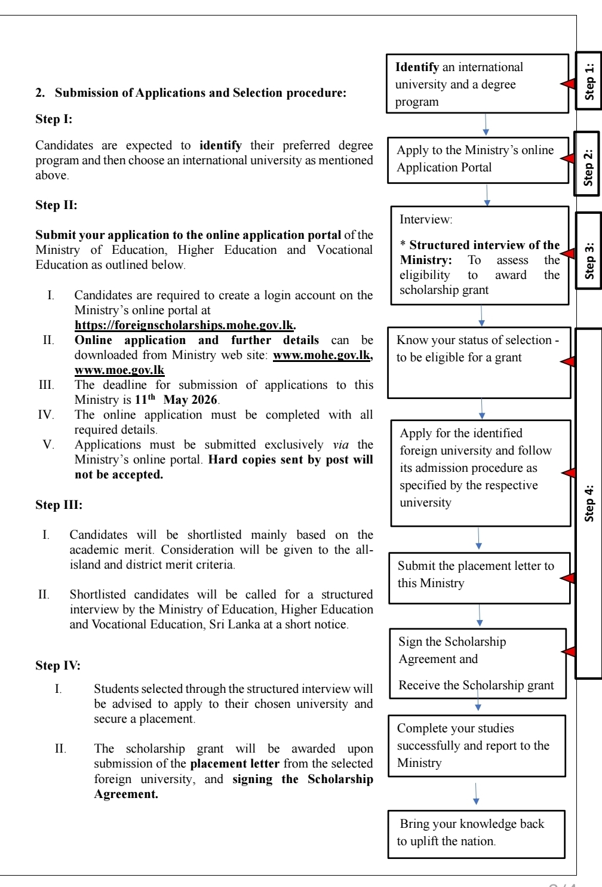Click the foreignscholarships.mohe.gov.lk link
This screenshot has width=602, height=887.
click(185, 325)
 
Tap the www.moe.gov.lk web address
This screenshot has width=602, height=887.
click(119, 370)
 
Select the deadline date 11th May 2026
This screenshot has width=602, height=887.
click(176, 400)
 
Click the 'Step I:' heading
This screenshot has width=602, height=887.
click(54, 119)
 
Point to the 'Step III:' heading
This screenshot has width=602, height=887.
click(59, 505)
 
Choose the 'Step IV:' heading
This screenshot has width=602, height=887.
click(58, 665)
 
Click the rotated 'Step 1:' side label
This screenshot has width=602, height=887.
click(589, 81)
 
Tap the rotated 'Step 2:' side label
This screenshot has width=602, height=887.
click(588, 164)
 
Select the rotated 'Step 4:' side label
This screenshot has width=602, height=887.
click(589, 503)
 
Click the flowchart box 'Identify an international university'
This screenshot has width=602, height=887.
click(477, 84)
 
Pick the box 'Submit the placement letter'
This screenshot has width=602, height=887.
click(479, 578)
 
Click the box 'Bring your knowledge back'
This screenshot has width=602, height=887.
click(476, 834)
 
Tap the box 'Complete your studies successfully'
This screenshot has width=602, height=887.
click(477, 745)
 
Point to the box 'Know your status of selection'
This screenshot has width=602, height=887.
click(479, 362)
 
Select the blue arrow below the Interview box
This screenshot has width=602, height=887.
click(481, 316)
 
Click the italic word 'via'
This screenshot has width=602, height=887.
click(341, 444)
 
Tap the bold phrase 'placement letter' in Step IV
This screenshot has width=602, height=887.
click(235, 763)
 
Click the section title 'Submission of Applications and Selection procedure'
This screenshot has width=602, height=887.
click(200, 93)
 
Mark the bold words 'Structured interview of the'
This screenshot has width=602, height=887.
click(484, 245)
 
